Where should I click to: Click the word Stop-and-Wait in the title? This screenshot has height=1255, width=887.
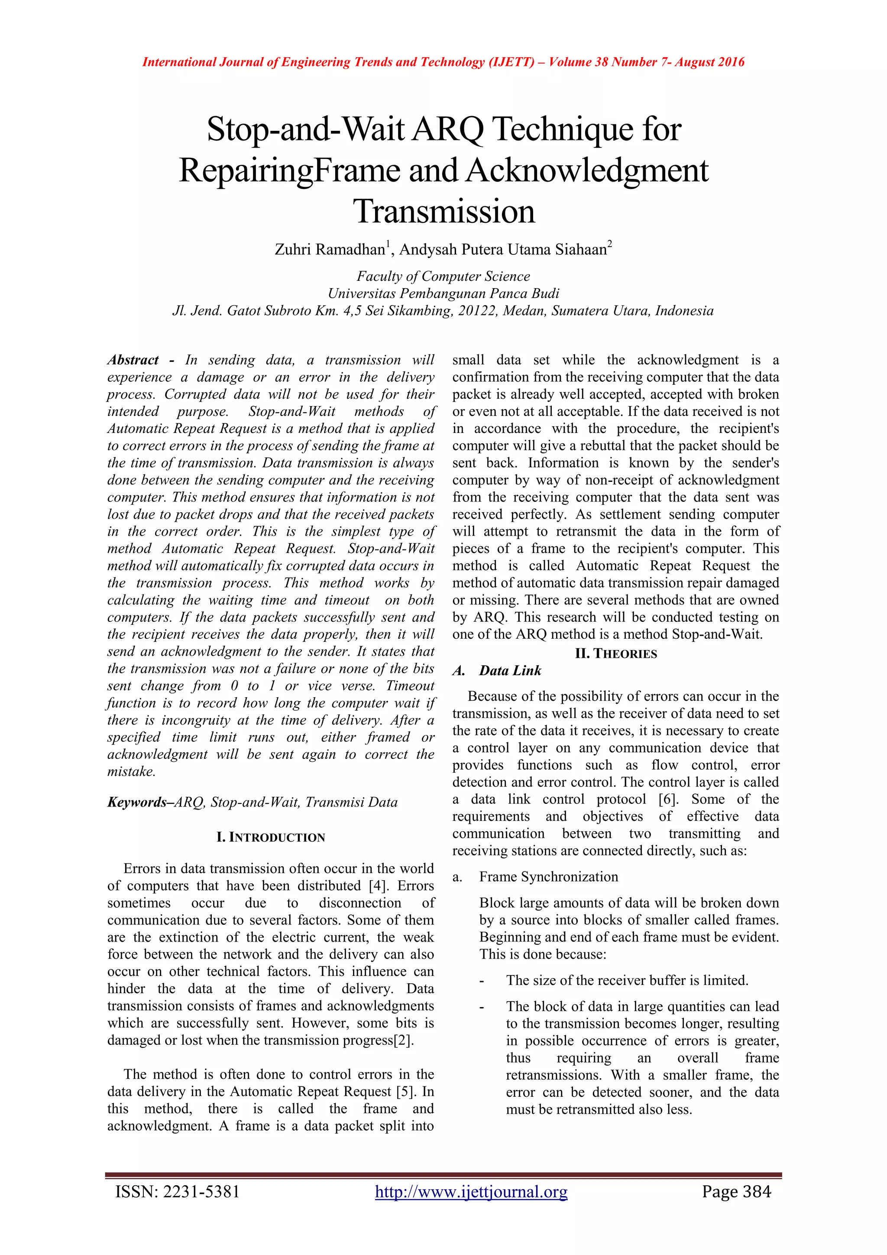[306, 130]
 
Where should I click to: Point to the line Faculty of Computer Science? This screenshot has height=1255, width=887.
[443, 276]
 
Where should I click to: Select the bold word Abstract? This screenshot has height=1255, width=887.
[133, 360]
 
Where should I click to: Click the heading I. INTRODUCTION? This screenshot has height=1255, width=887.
[270, 837]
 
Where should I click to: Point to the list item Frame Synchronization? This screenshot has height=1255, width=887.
[548, 877]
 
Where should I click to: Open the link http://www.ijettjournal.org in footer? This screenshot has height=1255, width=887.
[471, 1192]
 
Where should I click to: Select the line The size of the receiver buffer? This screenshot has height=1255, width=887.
[626, 980]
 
